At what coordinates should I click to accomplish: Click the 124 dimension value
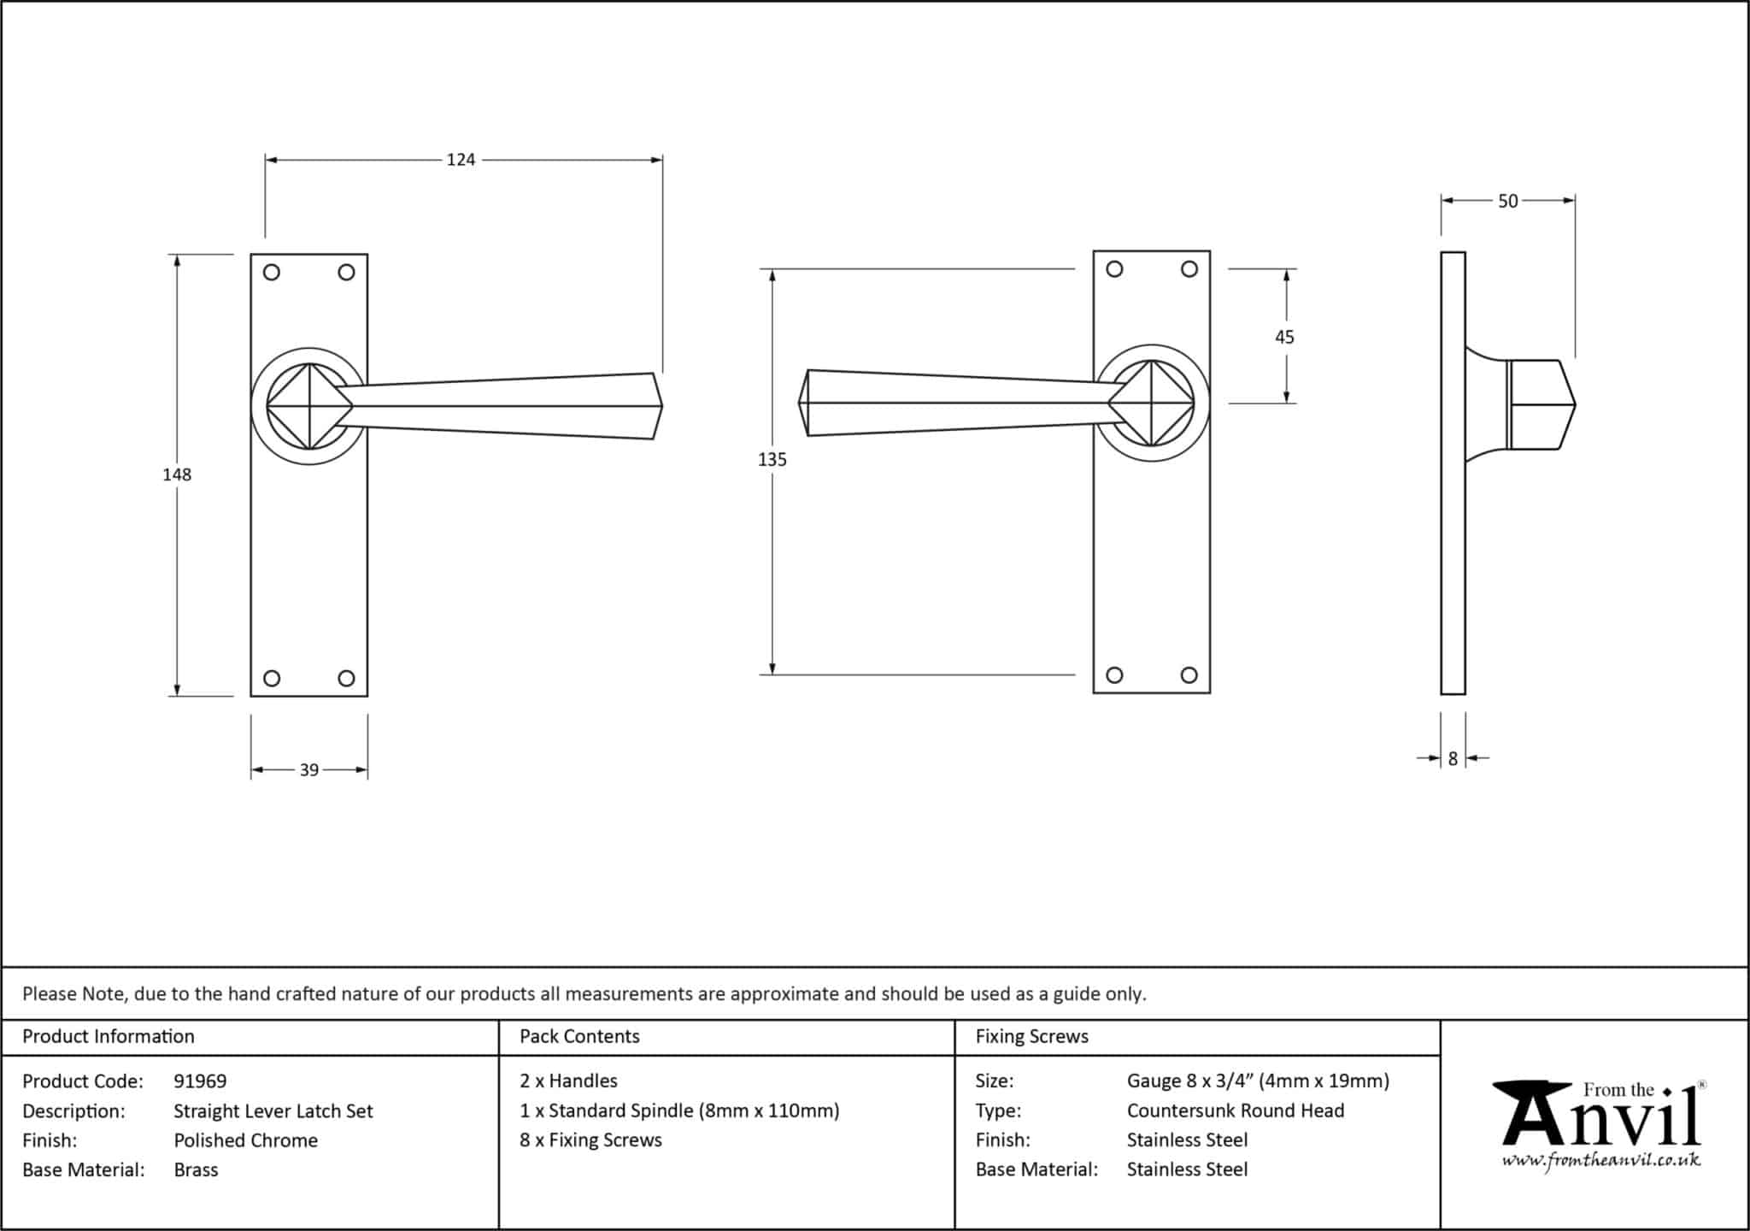[461, 160]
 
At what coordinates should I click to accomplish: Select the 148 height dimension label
[177, 474]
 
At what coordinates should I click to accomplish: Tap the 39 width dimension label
[308, 770]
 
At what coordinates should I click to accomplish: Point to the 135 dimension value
[772, 460]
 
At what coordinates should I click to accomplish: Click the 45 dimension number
[1284, 338]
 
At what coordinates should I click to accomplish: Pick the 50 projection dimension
[1507, 202]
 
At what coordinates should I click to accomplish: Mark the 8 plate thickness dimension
[1453, 758]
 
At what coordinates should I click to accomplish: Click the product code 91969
[200, 1081]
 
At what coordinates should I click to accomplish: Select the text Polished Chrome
[245, 1140]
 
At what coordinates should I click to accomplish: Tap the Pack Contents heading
[579, 1036]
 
